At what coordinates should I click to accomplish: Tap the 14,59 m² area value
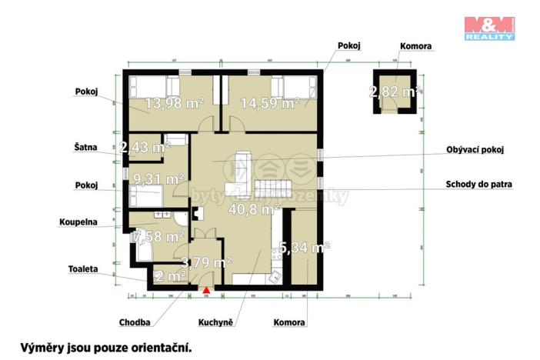268,102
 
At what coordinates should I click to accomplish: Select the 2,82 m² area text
396,92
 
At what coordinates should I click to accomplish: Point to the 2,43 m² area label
145,146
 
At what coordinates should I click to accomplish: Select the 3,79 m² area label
206,262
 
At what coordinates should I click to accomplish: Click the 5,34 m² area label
305,248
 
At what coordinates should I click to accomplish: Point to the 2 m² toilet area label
170,275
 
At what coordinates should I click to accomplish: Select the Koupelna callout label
78,223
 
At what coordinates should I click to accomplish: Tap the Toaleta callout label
82,270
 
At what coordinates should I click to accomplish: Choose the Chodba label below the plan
135,323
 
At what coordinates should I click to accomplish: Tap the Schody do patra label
478,185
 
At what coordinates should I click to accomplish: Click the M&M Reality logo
489,28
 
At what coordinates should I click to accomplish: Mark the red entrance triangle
206,289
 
